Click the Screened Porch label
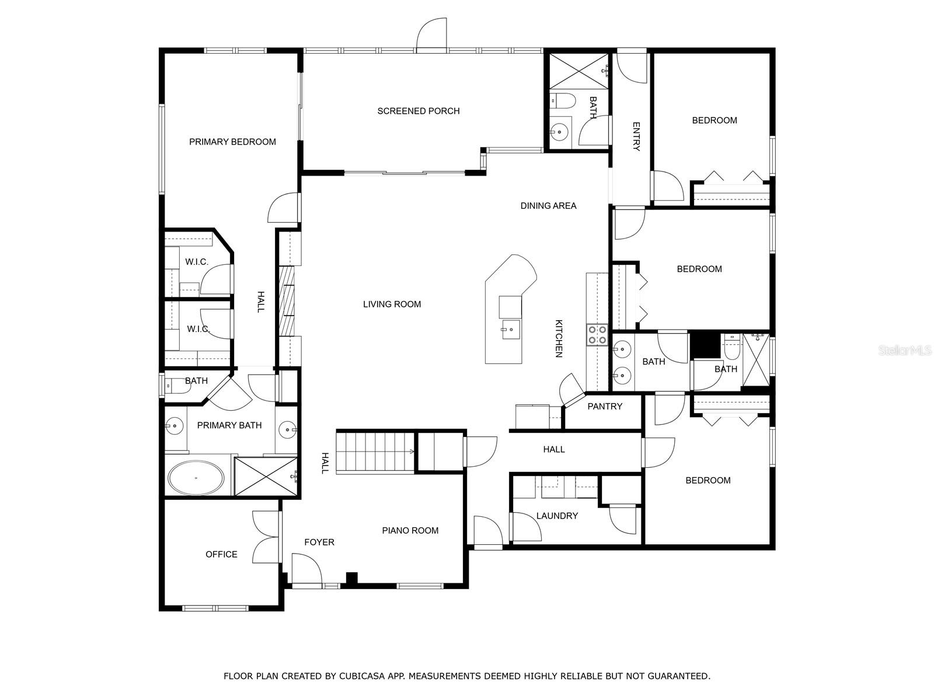pyautogui.click(x=419, y=111)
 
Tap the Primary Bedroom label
pyautogui.click(x=232, y=142)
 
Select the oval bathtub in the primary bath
pyautogui.click(x=196, y=478)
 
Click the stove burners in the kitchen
pyautogui.click(x=597, y=334)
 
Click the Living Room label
pyautogui.click(x=392, y=304)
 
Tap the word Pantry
pyautogui.click(x=605, y=407)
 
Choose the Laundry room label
pyautogui.click(x=557, y=516)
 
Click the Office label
pyautogui.click(x=221, y=554)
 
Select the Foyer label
pyautogui.click(x=319, y=542)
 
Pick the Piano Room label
pyautogui.click(x=410, y=530)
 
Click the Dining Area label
pyautogui.click(x=549, y=206)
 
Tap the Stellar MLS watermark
pyautogui.click(x=904, y=350)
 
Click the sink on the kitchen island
pyautogui.click(x=511, y=330)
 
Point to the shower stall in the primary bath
pyautogui.click(x=266, y=477)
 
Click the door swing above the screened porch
pyautogui.click(x=431, y=34)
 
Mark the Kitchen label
pyautogui.click(x=559, y=338)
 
